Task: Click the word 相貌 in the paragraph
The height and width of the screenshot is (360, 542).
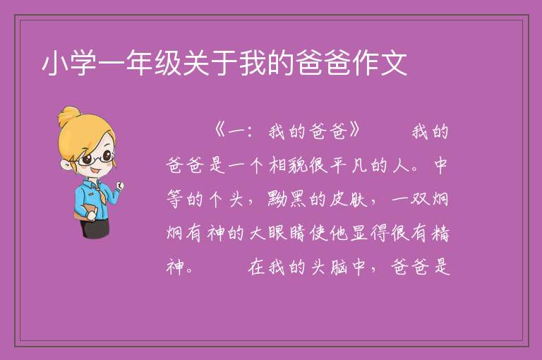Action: coord(288,165)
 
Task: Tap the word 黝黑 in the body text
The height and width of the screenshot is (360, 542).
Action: coord(287,199)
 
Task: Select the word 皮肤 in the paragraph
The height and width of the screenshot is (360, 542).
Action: coord(348,199)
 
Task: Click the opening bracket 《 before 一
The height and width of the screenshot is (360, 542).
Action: coord(220,131)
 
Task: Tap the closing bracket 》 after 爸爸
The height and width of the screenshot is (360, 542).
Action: coord(355,131)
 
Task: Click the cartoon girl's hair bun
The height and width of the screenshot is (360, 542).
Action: coord(69,116)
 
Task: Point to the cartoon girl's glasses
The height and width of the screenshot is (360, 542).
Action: coord(95,158)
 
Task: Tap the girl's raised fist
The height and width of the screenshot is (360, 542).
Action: coord(119,186)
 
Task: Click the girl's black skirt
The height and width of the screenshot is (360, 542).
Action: coord(95,228)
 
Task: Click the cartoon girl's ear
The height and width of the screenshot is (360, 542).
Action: coord(66,165)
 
